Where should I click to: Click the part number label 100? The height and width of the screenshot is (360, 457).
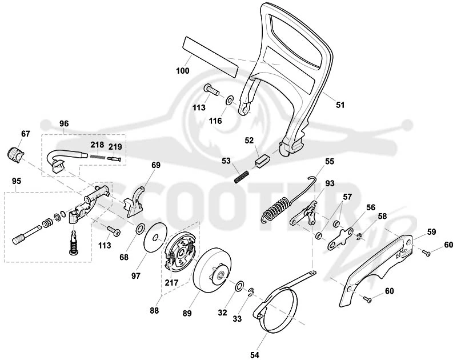(x=183, y=70)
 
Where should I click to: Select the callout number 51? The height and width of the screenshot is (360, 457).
(x=340, y=105)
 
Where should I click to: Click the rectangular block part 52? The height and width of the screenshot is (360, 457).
(x=263, y=161)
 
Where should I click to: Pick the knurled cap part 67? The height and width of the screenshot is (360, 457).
(x=14, y=155)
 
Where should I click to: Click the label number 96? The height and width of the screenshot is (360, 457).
(x=64, y=123)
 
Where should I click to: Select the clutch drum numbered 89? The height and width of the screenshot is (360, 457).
(x=212, y=270)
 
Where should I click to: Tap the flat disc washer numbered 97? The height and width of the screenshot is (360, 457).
(x=155, y=237)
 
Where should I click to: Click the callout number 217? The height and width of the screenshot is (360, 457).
(x=171, y=282)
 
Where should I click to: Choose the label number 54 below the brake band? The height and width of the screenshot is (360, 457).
(x=254, y=355)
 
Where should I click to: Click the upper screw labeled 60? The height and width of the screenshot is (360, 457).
(x=426, y=253)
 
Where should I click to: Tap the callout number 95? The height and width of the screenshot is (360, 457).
(x=17, y=181)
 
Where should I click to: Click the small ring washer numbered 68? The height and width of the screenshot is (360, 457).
(x=140, y=228)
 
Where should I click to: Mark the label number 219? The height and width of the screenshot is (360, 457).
(x=115, y=146)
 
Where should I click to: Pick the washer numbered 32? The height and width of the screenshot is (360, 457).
(x=240, y=286)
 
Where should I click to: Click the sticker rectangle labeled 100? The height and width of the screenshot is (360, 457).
(x=210, y=57)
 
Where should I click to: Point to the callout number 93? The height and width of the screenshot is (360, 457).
(x=330, y=183)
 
